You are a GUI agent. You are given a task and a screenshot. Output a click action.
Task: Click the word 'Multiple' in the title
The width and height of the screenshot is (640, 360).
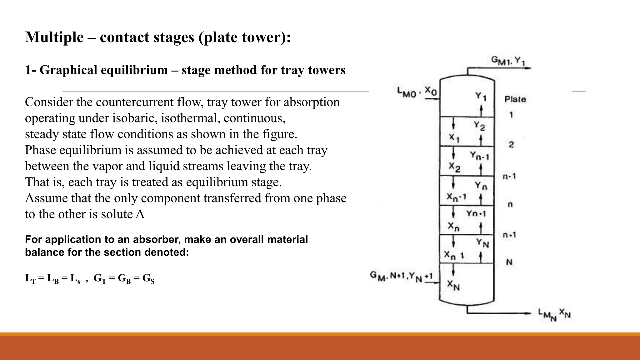coord(54,37)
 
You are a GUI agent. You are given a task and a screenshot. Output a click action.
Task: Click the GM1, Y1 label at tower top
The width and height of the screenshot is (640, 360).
coord(508,61)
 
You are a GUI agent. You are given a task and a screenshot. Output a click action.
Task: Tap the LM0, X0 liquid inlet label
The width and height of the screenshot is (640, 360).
coord(417,92)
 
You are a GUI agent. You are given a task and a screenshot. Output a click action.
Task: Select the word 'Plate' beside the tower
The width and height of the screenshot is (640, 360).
coord(515,99)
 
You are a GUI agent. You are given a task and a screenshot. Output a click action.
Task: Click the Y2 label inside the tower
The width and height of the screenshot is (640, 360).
coord(479,126)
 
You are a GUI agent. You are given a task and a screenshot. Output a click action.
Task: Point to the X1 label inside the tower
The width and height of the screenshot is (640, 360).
coord(454,138)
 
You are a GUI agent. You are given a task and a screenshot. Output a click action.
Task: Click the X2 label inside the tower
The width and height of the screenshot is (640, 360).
coord(454,167)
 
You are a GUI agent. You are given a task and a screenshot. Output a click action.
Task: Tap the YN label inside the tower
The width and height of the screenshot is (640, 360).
coord(482,242)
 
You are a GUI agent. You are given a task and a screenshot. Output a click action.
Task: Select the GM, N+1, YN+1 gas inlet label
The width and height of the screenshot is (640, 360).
coord(401,276)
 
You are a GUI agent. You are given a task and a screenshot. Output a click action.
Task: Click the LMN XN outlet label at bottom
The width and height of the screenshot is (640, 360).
coord(554,314)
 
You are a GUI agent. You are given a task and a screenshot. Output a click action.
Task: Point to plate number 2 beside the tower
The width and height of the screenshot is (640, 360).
coord(511,145)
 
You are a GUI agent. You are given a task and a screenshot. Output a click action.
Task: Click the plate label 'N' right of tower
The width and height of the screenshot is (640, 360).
coord(509,262)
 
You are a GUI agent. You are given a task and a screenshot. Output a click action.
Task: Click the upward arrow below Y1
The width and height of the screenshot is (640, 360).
coord(481,110)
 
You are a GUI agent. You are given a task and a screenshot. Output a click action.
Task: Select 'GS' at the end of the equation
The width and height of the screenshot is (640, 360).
coord(148,278)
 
